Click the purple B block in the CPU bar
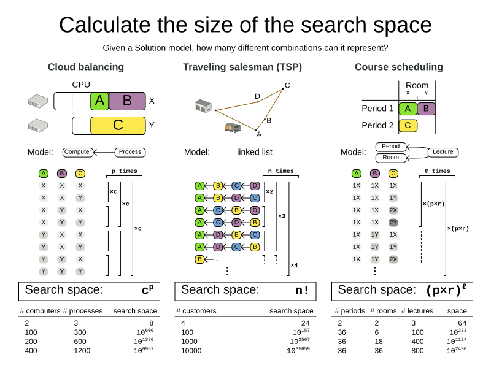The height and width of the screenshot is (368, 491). click(127, 101)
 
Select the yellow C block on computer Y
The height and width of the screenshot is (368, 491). click(118, 126)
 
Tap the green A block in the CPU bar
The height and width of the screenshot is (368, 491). click(99, 101)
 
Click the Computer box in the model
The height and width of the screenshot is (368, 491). click(78, 151)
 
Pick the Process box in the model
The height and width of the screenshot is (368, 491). click(130, 151)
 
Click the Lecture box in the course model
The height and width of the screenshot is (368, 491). click(443, 151)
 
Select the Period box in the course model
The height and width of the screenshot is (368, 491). click(391, 147)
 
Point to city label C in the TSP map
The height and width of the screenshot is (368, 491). click(287, 85)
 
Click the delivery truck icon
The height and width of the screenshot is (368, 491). click(233, 128)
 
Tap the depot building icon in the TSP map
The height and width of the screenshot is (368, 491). click(203, 106)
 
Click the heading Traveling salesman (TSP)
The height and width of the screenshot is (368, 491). click(242, 67)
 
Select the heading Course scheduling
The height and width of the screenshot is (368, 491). click(398, 67)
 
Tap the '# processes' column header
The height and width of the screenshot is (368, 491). click(82, 311)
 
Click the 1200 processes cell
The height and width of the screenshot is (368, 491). click(82, 351)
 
